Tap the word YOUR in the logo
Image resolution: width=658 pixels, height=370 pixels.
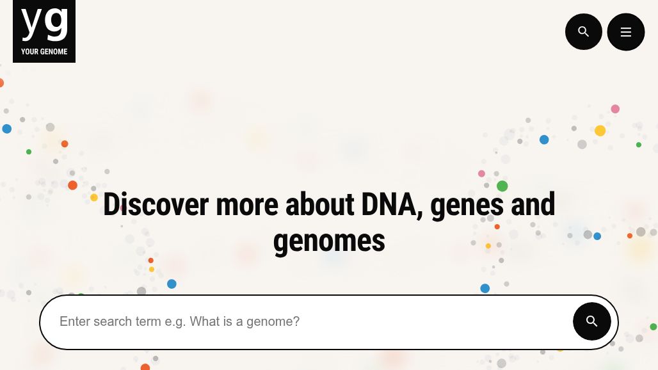click(29, 52)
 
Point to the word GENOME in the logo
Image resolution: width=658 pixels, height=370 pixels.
click(54, 52)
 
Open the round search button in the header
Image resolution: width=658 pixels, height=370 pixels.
click(583, 31)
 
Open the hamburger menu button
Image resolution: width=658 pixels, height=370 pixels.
click(625, 32)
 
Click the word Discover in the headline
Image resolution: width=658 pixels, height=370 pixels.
click(156, 205)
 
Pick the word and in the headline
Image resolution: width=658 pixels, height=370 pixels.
click(533, 205)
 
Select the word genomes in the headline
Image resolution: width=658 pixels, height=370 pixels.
click(329, 241)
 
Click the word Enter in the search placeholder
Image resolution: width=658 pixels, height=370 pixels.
click(74, 321)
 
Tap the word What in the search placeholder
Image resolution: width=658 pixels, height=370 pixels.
click(205, 321)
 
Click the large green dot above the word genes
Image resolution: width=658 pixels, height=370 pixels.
click(502, 186)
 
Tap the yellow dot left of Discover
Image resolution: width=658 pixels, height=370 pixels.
click(94, 198)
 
